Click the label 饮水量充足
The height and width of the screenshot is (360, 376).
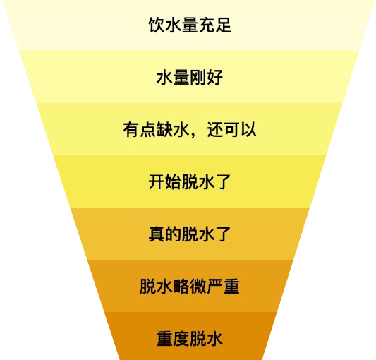point(190,25)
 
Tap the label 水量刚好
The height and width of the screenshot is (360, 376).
point(190,77)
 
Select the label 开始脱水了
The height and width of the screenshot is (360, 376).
point(190,181)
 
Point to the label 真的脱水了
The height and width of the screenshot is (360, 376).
point(190,234)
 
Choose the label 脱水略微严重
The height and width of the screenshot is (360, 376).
point(190,287)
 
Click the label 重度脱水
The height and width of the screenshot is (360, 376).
point(190,339)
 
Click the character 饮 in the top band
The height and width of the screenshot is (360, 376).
point(157,25)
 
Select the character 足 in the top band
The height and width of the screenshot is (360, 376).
point(223,25)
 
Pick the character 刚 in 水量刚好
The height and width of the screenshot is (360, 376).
point(198,77)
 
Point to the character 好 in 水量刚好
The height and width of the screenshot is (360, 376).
point(215,77)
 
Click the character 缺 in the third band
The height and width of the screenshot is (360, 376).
point(165,130)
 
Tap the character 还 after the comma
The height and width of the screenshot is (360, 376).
point(215,130)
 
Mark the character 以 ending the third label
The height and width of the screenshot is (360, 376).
point(248,130)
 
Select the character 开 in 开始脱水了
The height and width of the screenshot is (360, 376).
point(157,181)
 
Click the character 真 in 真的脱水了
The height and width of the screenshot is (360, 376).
point(157,234)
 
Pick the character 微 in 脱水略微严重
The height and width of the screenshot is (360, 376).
point(198,287)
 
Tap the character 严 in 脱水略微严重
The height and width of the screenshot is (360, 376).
point(215,287)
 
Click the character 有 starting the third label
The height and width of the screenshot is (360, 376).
point(131,130)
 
